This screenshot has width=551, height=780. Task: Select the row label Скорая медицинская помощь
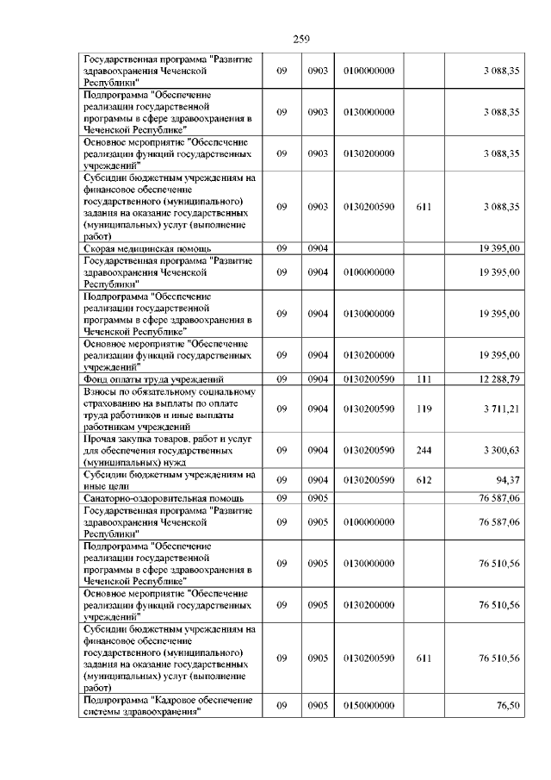pos(139,248)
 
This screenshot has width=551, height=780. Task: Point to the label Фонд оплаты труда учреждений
pos(152,378)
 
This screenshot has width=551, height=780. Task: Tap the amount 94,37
pos(506,480)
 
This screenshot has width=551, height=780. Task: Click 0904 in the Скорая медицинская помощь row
pos(319,248)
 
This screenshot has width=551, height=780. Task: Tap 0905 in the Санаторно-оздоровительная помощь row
pos(319,497)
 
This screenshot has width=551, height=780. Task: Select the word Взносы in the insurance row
pos(102,391)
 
